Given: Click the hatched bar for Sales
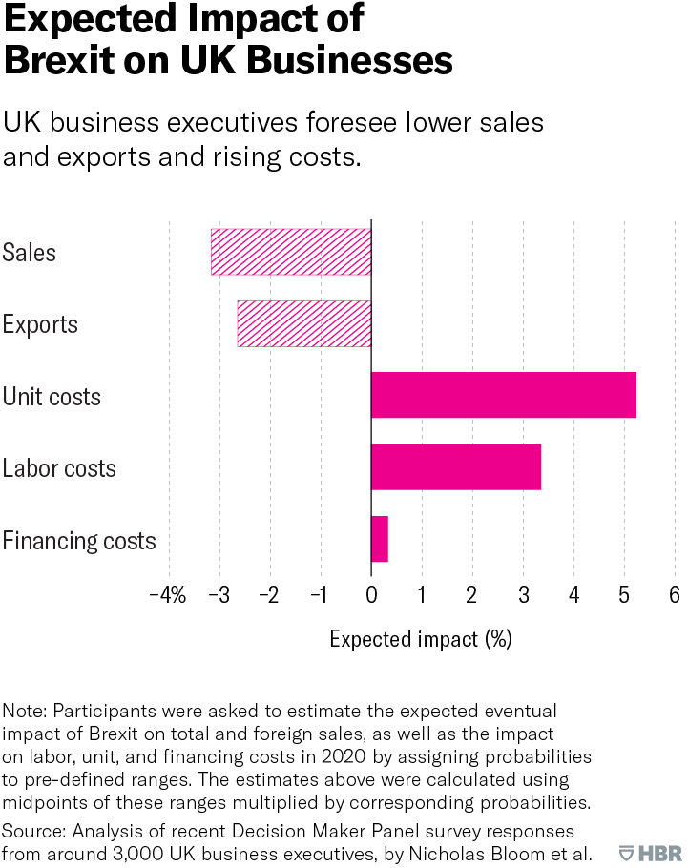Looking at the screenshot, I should coord(291,252).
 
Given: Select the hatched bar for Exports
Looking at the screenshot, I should coord(303,323).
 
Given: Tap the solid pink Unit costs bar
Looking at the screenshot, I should coord(503,395).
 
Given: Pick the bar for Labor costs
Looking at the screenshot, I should coord(455,467).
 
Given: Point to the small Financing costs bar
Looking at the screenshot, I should coord(379,539).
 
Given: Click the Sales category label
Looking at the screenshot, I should coord(30,253).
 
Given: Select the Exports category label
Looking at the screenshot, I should coord(40,324).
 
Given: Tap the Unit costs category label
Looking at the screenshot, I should coord(52,396).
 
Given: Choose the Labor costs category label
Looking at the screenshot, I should coord(59,468).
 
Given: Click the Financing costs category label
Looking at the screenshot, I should coord(79,541).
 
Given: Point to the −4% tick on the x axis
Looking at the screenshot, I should coord(167,594).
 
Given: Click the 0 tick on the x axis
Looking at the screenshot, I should coord(371,594).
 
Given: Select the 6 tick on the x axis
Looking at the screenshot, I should coord(674,594).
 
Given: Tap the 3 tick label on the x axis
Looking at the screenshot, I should coord(523,594).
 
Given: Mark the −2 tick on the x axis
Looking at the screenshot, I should coord(268,594).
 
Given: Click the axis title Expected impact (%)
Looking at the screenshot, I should coord(421,639).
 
